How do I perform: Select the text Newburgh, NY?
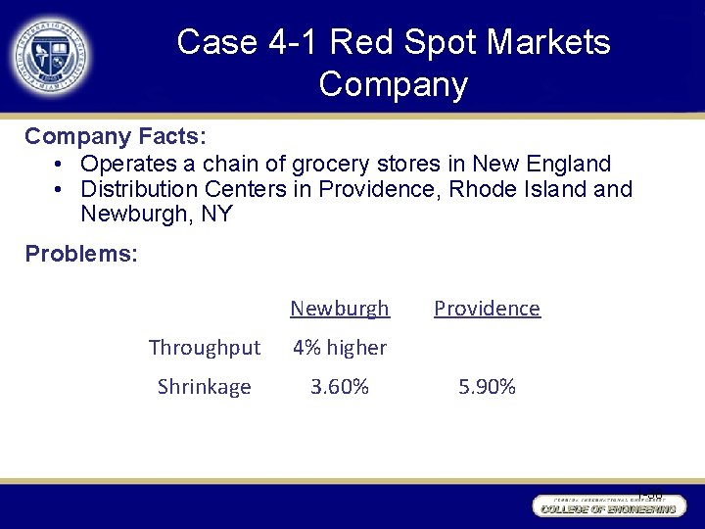[x=157, y=214]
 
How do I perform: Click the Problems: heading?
[x=81, y=254]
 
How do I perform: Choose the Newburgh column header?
[x=340, y=309]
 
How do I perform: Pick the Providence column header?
[x=487, y=309]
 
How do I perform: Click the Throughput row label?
[x=205, y=348]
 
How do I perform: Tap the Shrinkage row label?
[x=205, y=387]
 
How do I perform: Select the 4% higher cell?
[x=340, y=348]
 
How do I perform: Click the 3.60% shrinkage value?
[x=340, y=387]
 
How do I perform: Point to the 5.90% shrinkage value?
[x=487, y=387]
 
